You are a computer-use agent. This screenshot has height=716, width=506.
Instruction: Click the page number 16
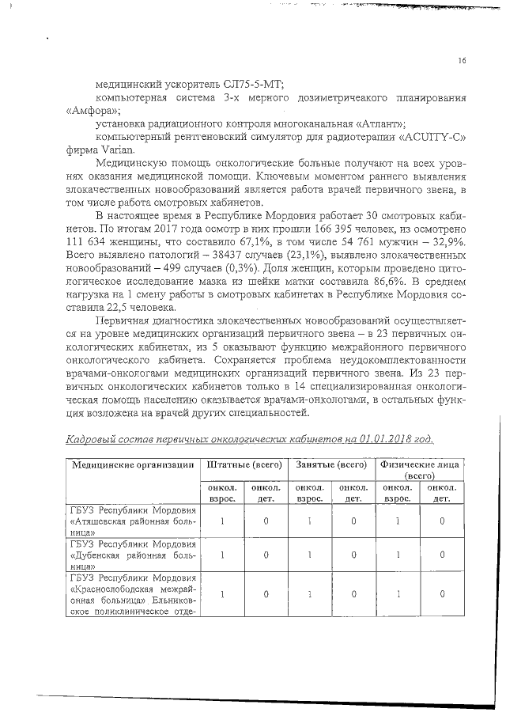pyautogui.click(x=462, y=61)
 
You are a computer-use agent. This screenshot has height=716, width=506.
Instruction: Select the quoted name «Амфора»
pyautogui.click(x=87, y=110)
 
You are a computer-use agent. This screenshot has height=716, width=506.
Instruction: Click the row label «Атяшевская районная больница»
pyautogui.click(x=133, y=522)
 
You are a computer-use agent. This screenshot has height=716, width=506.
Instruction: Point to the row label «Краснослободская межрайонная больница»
pyautogui.click(x=133, y=593)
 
